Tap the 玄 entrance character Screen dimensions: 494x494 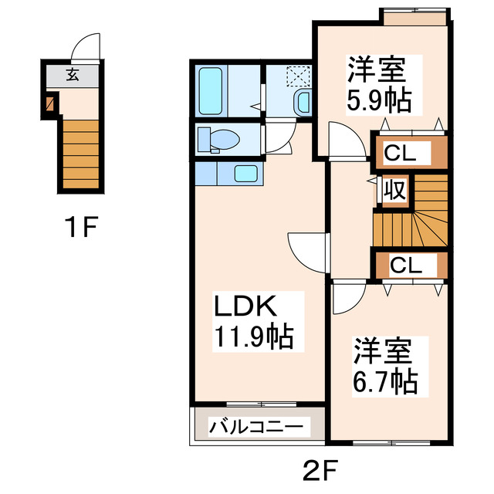[72, 75]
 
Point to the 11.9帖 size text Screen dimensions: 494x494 [252, 337]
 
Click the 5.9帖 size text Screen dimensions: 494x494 [377, 99]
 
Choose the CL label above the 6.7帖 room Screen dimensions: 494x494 [405, 266]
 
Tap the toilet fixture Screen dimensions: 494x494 [220, 140]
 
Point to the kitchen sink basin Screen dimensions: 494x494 [245, 174]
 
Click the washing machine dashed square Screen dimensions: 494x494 [297, 76]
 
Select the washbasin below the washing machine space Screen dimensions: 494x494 [303, 102]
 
